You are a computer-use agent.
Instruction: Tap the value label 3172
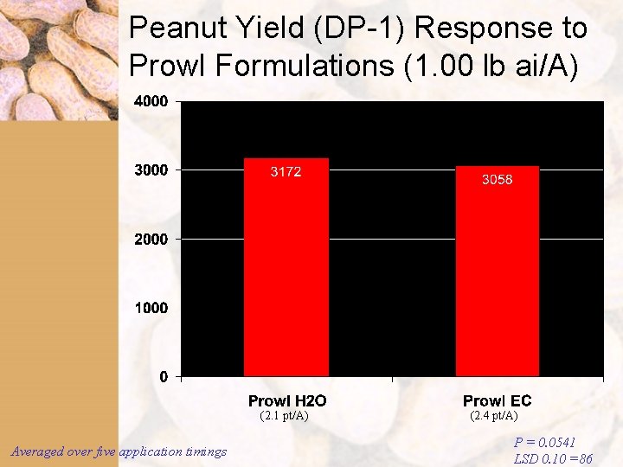[286, 172]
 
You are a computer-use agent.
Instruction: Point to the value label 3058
[498, 180]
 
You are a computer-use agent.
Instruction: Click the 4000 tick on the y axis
[151, 101]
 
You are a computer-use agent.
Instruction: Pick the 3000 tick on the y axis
[151, 170]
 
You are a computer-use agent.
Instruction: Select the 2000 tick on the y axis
[151, 239]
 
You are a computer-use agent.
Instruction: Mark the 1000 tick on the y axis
[151, 307]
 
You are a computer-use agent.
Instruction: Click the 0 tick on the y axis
[164, 376]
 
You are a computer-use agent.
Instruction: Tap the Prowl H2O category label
[287, 400]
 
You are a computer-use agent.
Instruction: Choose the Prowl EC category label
[497, 400]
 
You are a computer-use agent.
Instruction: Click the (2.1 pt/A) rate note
[284, 416]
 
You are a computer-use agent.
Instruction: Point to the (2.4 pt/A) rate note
[493, 416]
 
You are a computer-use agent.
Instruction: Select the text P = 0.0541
[545, 443]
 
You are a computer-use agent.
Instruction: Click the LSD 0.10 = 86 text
[553, 459]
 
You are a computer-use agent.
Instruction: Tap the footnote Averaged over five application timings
[119, 451]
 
